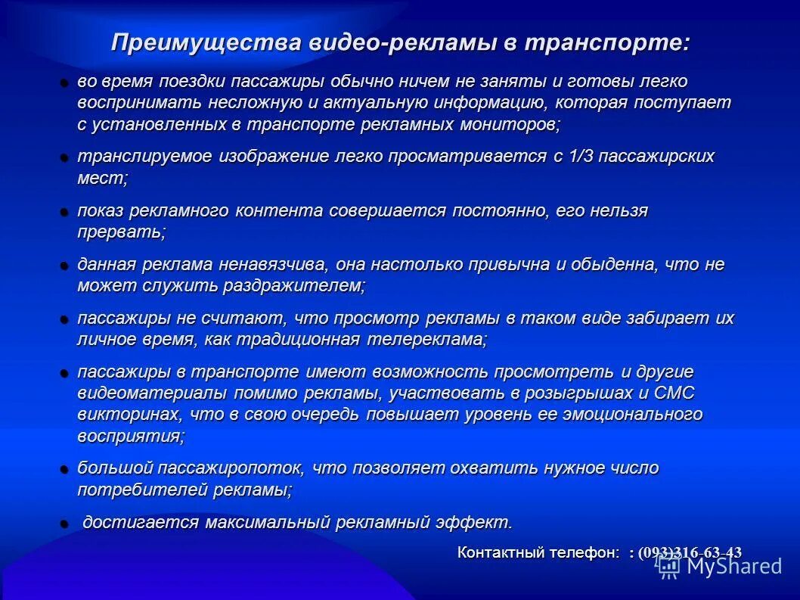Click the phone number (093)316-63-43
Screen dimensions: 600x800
(690, 553)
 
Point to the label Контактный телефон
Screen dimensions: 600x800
(538, 552)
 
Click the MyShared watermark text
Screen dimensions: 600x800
(733, 565)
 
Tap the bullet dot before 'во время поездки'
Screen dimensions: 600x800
(65, 82)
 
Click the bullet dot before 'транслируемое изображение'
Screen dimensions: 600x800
(65, 157)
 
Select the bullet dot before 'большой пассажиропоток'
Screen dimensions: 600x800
(65, 469)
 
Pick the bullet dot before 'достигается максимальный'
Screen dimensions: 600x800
(65, 523)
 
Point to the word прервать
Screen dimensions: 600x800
(121, 232)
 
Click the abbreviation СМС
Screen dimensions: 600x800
(674, 393)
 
